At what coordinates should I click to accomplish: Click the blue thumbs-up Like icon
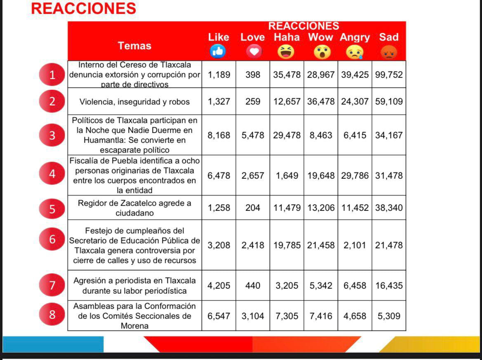click(219, 51)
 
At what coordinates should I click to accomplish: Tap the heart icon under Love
click(253, 51)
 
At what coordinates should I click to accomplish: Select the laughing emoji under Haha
click(286, 51)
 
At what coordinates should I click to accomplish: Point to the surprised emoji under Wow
click(321, 52)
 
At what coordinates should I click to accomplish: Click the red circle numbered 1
click(52, 75)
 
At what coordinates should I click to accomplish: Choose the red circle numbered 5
click(52, 208)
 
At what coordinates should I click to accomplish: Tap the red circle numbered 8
click(52, 315)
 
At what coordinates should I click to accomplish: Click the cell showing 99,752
click(389, 75)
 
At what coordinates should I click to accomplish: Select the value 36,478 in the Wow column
click(321, 102)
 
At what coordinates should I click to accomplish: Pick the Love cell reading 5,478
click(253, 135)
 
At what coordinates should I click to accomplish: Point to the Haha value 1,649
click(287, 175)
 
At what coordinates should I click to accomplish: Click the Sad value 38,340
click(389, 208)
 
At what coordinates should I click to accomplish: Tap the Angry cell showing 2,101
click(355, 245)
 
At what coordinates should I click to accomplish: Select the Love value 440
click(253, 285)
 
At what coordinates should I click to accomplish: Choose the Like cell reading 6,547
click(219, 316)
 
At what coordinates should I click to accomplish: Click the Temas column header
click(135, 46)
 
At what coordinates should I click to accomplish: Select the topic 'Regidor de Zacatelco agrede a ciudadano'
click(135, 208)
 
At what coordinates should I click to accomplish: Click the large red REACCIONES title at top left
click(83, 8)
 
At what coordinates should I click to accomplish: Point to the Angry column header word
click(355, 37)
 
